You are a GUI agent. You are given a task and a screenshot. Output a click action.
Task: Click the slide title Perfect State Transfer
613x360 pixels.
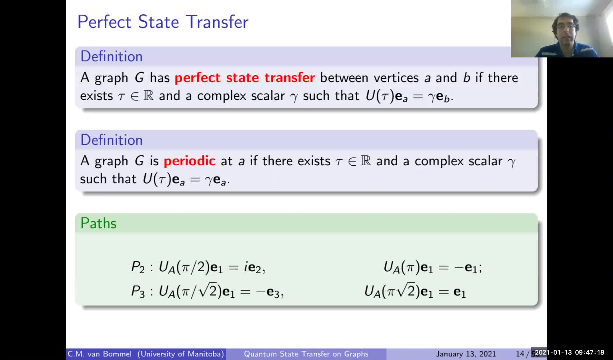pos(163,22)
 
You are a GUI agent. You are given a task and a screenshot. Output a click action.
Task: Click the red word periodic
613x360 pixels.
pos(190,161)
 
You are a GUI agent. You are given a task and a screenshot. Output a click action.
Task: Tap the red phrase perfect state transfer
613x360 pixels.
pos(245,78)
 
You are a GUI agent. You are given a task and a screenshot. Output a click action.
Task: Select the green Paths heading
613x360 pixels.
pos(98,223)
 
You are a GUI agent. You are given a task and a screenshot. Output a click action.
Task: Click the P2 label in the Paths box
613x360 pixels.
pos(138,267)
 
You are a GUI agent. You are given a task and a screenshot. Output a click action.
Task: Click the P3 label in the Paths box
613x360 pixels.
pos(138,291)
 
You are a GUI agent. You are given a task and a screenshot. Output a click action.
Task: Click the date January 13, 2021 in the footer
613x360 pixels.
pos(466,354)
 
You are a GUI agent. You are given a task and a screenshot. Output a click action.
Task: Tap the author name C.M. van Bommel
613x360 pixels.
pos(100,354)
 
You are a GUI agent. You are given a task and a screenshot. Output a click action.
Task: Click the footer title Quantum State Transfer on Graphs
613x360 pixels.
pos(306,354)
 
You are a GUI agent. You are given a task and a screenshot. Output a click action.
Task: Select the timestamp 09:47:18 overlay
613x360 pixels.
pos(590,352)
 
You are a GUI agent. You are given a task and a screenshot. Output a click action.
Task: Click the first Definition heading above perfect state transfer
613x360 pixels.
pos(111,56)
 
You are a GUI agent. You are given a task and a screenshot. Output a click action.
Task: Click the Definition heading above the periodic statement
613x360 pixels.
pos(111,140)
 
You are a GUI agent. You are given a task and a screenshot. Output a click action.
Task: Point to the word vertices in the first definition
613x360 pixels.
pos(396,78)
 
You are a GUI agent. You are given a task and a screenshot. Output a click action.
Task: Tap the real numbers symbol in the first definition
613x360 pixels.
pos(148,95)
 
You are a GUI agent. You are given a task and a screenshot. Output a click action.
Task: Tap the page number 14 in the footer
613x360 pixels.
pos(520,354)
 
